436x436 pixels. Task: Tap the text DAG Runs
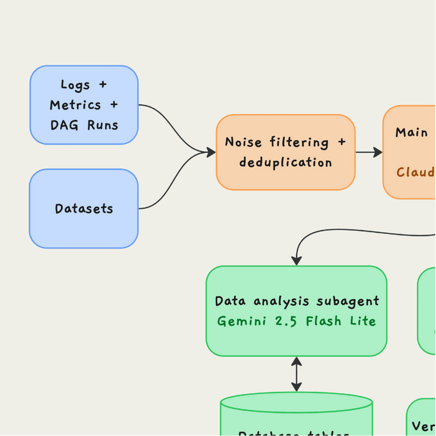tap(84, 125)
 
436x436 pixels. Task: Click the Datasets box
tap(84, 209)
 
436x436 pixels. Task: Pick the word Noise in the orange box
tap(243, 142)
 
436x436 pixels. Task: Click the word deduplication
tap(285, 162)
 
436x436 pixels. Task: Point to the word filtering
tap(299, 142)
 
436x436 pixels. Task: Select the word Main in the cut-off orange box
tap(411, 132)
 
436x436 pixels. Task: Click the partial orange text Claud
tap(415, 172)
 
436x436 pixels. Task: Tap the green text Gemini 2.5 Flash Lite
tap(297, 321)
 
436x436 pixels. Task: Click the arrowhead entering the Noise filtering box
tap(211, 152)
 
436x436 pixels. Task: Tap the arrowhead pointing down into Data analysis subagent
tap(297, 260)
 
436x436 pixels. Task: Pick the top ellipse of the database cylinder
tap(297, 403)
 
